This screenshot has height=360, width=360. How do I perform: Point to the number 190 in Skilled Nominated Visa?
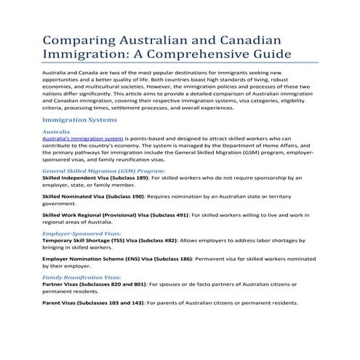point(137,196)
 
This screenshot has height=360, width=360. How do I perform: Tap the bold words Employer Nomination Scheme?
point(87,260)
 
